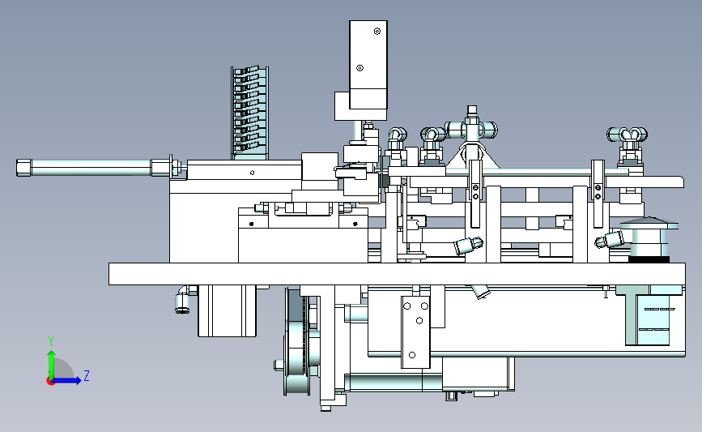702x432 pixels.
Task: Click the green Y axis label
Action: pyautogui.click(x=51, y=341)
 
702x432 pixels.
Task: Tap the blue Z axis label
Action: pyautogui.click(x=87, y=375)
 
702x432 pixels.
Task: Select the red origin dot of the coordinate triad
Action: pyautogui.click(x=50, y=382)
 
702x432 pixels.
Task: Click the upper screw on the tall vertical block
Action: pyautogui.click(x=377, y=31)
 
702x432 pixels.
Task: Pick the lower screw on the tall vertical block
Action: pyautogui.click(x=360, y=68)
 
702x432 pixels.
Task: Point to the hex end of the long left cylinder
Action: pyautogui.click(x=23, y=167)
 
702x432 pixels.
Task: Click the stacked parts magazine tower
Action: pyautogui.click(x=250, y=113)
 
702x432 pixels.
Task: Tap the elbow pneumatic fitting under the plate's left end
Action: pyautogui.click(x=184, y=299)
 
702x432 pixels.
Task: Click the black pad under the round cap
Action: pyautogui.click(x=649, y=259)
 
